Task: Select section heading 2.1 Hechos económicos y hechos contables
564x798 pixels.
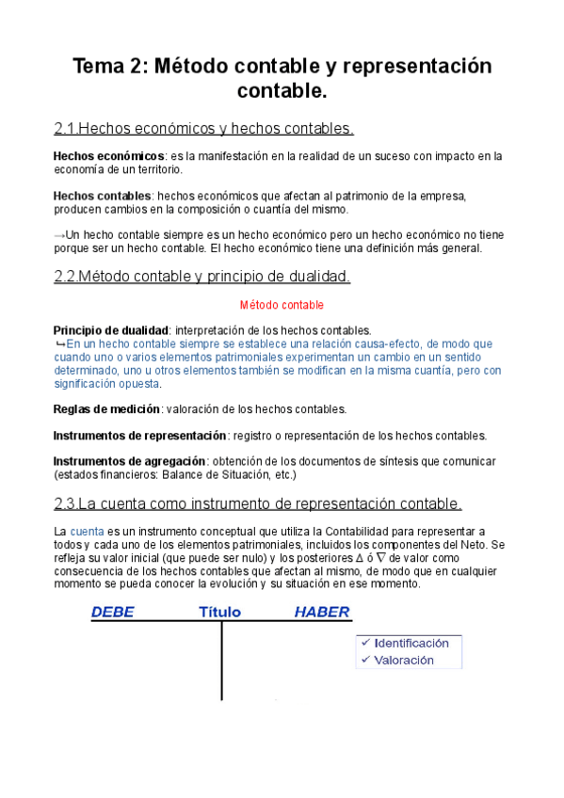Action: (x=204, y=128)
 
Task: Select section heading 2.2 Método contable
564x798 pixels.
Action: (x=202, y=277)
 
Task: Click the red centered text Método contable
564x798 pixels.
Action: (x=282, y=306)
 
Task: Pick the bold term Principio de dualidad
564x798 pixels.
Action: (x=111, y=331)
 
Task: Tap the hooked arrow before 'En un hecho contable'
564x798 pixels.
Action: (x=60, y=344)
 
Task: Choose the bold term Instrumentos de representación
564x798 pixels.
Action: (x=139, y=436)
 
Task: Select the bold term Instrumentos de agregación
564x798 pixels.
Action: (x=129, y=462)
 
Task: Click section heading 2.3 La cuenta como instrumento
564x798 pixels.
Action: (x=258, y=503)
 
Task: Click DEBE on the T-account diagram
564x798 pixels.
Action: (x=112, y=613)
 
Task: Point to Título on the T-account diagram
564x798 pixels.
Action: (x=219, y=613)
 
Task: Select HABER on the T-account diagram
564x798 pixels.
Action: (x=322, y=613)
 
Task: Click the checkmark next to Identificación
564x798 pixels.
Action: (x=364, y=643)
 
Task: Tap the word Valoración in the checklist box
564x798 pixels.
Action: (x=404, y=660)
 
